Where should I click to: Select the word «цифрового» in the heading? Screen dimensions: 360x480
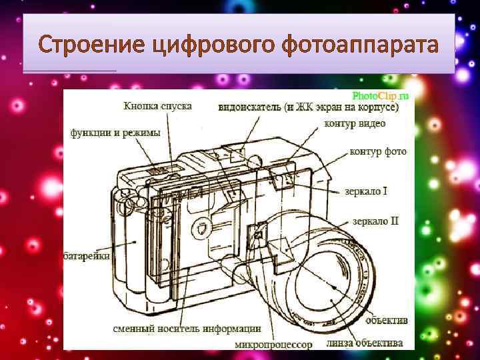click(x=203, y=46)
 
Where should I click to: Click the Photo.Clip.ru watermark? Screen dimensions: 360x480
click(x=381, y=95)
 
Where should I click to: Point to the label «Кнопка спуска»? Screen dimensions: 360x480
click(x=157, y=105)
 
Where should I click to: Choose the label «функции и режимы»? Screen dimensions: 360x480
click(x=116, y=133)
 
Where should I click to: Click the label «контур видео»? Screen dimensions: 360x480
click(x=355, y=123)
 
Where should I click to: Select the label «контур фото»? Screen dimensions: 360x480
click(x=378, y=151)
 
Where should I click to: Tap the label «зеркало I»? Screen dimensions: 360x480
click(x=366, y=191)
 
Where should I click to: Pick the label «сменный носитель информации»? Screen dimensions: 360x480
click(x=187, y=328)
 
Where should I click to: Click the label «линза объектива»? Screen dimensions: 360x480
click(x=365, y=343)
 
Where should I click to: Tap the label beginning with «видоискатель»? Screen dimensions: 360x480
click(x=309, y=107)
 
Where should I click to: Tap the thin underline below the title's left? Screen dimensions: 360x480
click(x=69, y=71)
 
